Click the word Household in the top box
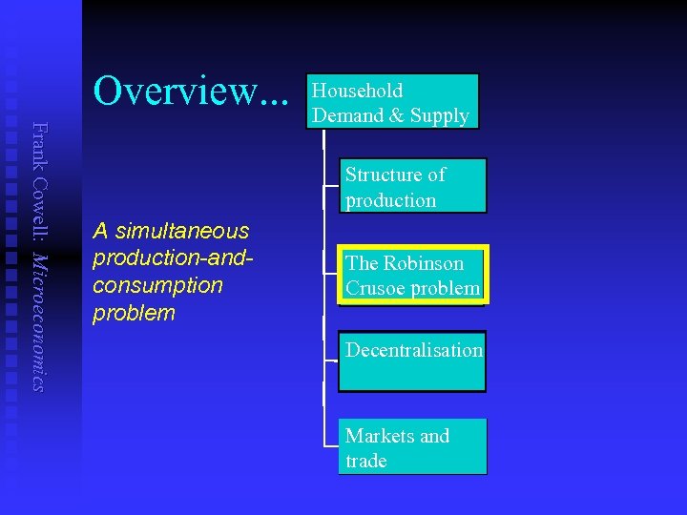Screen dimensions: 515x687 click(358, 92)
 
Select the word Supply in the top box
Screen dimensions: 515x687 click(440, 116)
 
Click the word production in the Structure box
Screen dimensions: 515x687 click(391, 200)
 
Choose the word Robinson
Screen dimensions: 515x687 click(423, 263)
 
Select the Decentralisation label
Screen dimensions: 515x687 click(414, 350)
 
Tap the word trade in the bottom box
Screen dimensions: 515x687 click(366, 461)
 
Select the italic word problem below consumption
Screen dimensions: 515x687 click(135, 313)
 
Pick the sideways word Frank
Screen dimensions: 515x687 click(38, 145)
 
